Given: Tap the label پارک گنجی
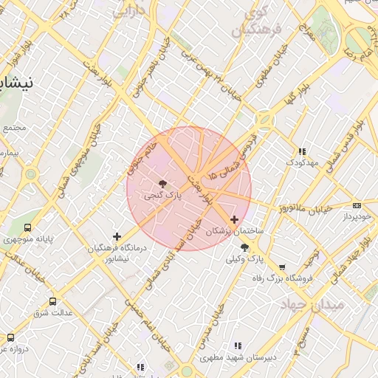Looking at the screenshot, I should point(162,196).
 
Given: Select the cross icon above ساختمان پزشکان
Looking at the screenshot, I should point(235,219).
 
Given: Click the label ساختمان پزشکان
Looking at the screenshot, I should point(234,231).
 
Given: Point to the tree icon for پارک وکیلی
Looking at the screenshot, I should point(244,247).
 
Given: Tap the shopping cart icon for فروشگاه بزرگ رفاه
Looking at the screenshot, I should point(281,267).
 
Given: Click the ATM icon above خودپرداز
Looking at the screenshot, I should point(357,205).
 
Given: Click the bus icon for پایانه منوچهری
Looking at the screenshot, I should point(27,228).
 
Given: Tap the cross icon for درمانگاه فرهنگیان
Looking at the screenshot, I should point(117,236).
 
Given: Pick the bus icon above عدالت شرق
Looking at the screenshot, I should point(52,301).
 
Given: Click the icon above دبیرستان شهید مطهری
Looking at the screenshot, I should point(237,346).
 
